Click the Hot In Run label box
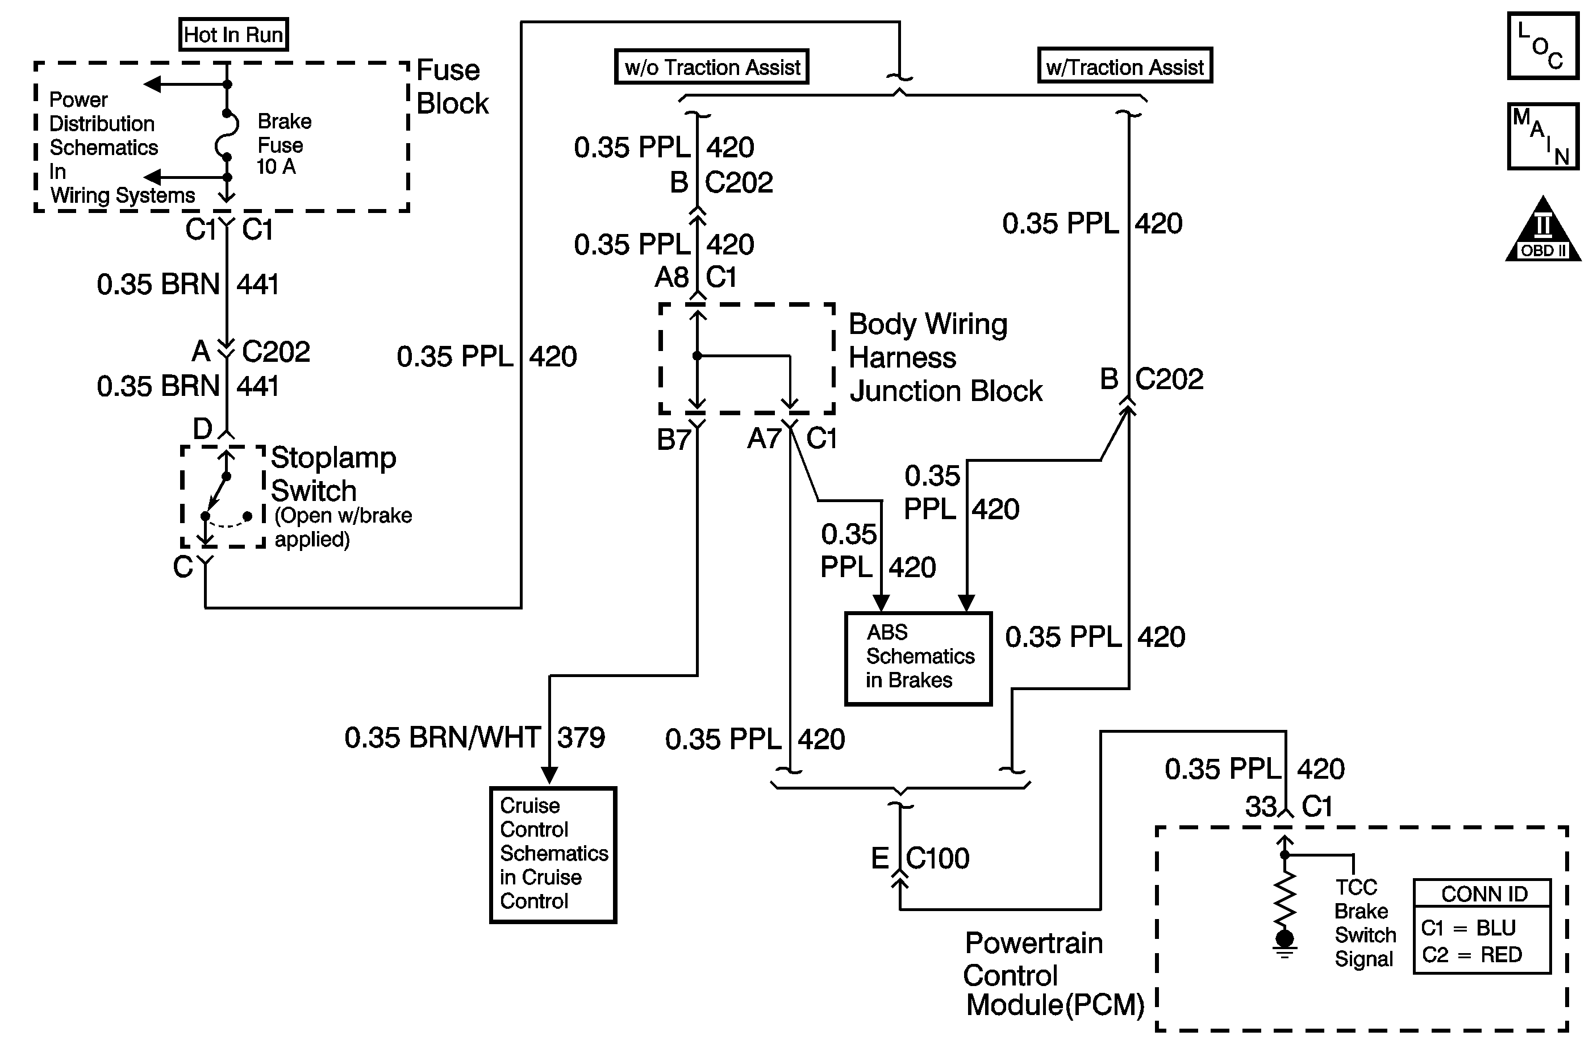233,35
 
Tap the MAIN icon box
1542,136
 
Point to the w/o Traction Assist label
712,67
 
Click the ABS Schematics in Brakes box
918,658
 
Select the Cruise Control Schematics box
553,854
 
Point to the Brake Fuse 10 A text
283,144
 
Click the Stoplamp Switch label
332,474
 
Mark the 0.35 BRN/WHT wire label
442,738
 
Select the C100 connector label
937,858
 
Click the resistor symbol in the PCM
1284,898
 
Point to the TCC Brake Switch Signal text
1364,923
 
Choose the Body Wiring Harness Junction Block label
945,358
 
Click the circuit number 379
581,738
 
